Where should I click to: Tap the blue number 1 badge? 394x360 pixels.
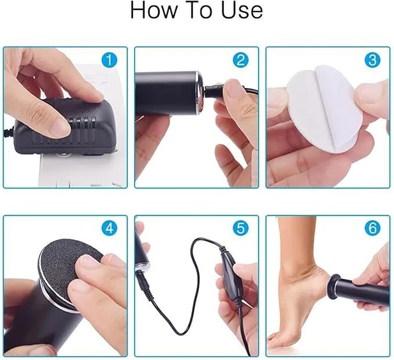coord(109,60)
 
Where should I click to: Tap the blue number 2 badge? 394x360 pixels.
coord(241,60)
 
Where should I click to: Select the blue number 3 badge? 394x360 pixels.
coord(373,60)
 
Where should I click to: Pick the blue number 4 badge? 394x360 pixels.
coord(109,228)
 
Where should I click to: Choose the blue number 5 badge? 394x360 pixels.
coord(241,228)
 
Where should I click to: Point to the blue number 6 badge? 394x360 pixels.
coord(373,228)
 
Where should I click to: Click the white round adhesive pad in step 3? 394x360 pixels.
coord(322,110)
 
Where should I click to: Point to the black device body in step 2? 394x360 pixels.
coord(165,93)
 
